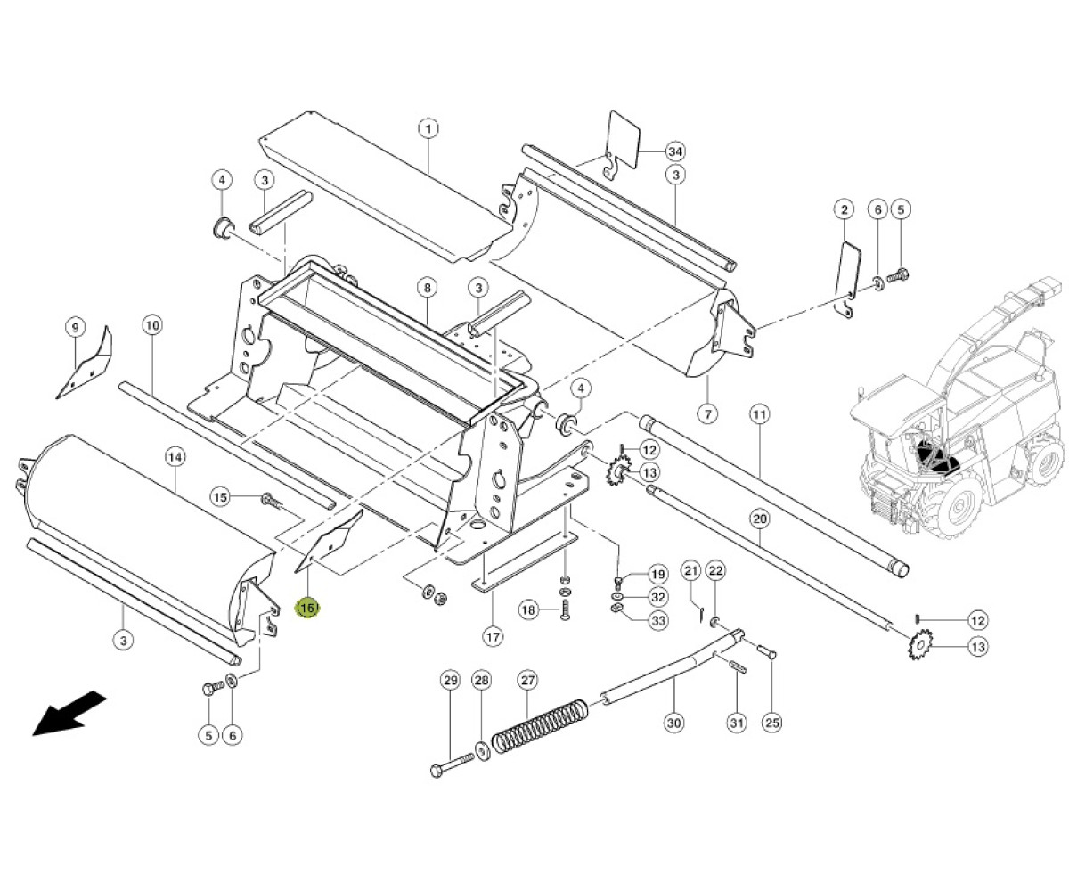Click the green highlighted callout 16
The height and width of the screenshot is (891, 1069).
click(x=307, y=608)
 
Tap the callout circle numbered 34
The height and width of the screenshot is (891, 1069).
click(x=675, y=151)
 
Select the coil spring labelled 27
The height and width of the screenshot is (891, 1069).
click(x=539, y=726)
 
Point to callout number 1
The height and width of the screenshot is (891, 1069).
click(x=428, y=128)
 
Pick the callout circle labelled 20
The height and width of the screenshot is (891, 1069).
click(x=759, y=519)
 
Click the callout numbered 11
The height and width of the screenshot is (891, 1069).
click(x=759, y=413)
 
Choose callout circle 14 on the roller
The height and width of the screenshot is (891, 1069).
click(x=175, y=457)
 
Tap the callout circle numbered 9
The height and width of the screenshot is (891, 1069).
click(x=75, y=328)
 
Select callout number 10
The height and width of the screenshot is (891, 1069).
click(x=152, y=326)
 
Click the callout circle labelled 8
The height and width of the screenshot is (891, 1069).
click(x=428, y=288)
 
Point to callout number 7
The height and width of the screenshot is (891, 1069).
click(x=708, y=413)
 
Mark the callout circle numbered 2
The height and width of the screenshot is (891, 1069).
click(x=844, y=209)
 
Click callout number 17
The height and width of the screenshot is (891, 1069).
click(x=493, y=637)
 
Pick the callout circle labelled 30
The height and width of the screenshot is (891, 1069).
click(x=673, y=723)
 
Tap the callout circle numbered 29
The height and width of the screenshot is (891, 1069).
click(x=450, y=681)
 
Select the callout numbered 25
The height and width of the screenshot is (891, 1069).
click(x=772, y=723)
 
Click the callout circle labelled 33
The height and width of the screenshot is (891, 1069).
click(x=658, y=621)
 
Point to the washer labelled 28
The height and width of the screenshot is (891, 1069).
click(x=482, y=750)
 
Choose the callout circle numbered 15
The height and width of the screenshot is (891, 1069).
click(x=220, y=497)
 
